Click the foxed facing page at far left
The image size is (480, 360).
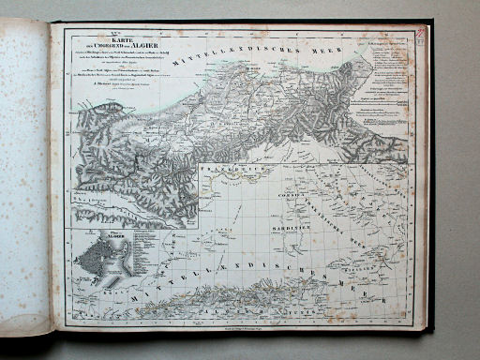point(25,178)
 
